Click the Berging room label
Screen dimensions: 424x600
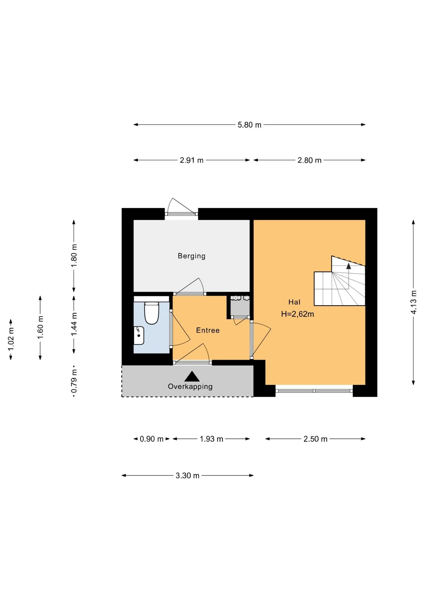click(x=191, y=256)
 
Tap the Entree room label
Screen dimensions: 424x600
click(x=208, y=330)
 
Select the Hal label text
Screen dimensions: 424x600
click(x=294, y=302)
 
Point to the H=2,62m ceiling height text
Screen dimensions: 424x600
click(x=297, y=314)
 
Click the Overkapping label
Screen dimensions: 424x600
click(x=190, y=387)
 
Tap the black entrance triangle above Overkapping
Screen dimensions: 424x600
click(x=192, y=376)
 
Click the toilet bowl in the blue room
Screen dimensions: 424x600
click(x=152, y=313)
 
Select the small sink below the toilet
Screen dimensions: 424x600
click(x=139, y=335)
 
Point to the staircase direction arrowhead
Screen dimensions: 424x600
click(x=348, y=266)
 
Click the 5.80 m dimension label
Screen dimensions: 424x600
click(x=249, y=125)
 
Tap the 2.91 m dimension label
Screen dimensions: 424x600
click(x=191, y=160)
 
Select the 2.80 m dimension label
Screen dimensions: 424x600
click(x=309, y=160)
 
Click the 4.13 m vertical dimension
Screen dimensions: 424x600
click(x=414, y=302)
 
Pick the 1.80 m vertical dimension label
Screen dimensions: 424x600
click(x=74, y=256)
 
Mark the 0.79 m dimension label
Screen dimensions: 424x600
click(x=74, y=381)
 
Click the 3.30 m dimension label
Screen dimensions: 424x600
click(x=187, y=476)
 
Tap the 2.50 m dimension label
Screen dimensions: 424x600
click(x=315, y=439)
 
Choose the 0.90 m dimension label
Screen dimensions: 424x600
click(x=151, y=439)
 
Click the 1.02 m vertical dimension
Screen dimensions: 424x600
click(x=11, y=339)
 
